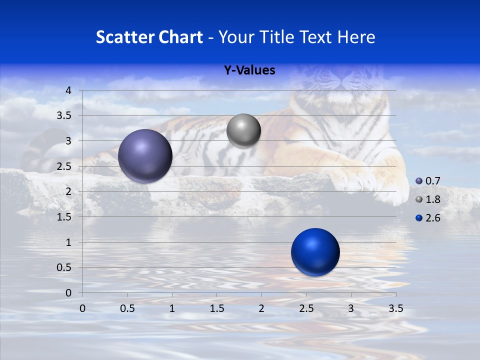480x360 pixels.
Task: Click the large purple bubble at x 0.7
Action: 145,156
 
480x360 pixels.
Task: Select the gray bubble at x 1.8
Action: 243,131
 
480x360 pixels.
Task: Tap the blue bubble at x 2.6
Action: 315,252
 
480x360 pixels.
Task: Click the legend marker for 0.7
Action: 419,181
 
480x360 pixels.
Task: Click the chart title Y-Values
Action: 249,70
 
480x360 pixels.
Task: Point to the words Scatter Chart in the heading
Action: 149,37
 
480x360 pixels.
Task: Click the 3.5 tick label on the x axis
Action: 395,308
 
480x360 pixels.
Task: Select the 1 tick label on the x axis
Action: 172,308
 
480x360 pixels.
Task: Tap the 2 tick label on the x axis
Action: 261,308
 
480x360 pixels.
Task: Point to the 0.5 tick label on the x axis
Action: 127,308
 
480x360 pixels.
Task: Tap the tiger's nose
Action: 345,75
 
